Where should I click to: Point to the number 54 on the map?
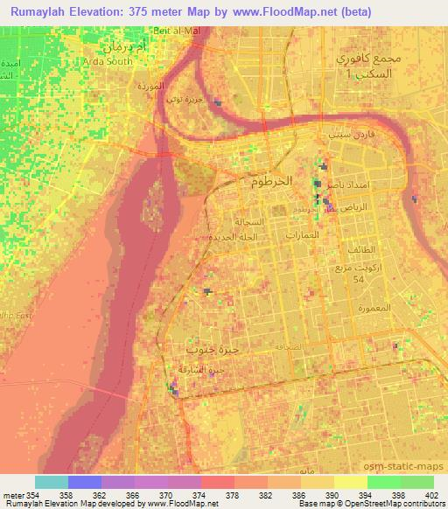coord(356,279)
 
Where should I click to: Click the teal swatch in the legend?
coord(52,482)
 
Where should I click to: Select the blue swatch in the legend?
coord(85,482)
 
